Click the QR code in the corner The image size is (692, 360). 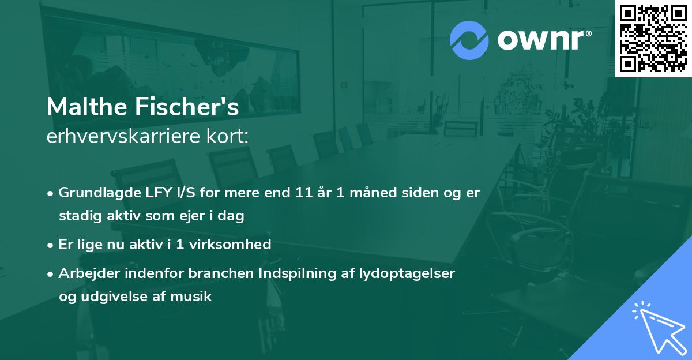[653, 39]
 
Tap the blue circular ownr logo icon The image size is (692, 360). [469, 40]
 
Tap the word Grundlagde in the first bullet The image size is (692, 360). [96, 193]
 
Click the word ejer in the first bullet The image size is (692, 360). [194, 216]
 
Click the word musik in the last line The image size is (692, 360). [195, 297]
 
